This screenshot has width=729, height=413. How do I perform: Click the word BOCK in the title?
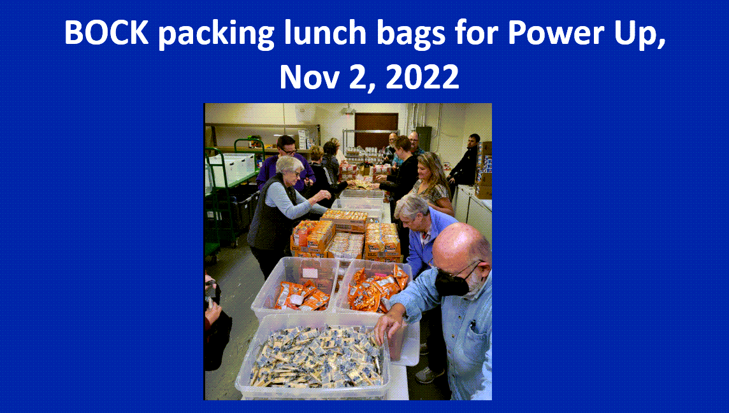tap(106, 32)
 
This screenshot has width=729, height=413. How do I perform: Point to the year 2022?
tap(422, 76)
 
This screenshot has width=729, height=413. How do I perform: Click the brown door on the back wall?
tap(376, 130)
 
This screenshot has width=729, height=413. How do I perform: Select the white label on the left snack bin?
tap(310, 273)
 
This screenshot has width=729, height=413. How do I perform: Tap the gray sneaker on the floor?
tap(429, 375)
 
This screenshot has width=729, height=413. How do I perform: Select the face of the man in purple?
tap(288, 148)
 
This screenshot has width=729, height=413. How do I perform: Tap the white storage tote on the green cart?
tap(231, 168)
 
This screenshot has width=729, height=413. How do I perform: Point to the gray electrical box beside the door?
tap(423, 138)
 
